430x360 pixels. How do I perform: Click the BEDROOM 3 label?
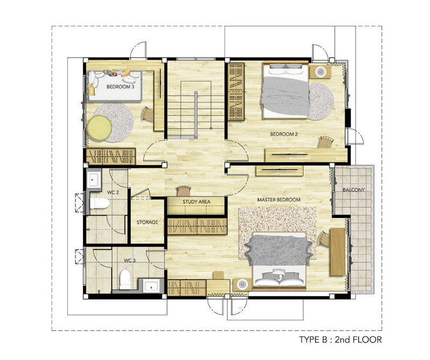tap(120, 87)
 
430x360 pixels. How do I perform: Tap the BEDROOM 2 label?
tap(284, 135)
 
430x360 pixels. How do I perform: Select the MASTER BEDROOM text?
tap(278, 200)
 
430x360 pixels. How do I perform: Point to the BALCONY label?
tap(354, 190)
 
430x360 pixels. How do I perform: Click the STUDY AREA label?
tap(196, 202)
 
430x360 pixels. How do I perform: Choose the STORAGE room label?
tap(147, 222)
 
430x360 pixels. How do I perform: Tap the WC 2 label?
tap(113, 193)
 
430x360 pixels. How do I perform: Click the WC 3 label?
tap(130, 260)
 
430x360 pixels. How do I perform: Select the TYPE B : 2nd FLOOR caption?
tap(340, 340)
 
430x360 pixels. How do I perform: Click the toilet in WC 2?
tap(100, 203)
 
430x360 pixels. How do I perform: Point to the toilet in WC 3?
tap(125, 279)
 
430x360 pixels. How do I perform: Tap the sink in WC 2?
tap(94, 179)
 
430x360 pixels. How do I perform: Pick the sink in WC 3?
tap(151, 286)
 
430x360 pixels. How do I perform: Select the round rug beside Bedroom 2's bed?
tap(321, 102)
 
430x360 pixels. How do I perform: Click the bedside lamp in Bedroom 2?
tap(320, 72)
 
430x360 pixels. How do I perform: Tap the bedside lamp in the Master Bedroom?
tap(242, 284)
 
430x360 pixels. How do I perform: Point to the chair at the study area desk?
tap(183, 191)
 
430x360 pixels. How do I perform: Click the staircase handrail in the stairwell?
tap(196, 115)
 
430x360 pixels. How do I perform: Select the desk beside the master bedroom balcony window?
tap(338, 251)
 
